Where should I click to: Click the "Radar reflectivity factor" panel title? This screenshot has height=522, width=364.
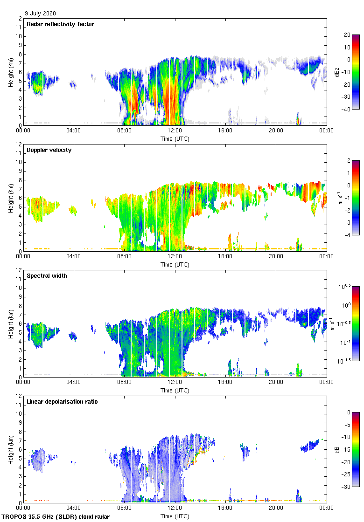[x=61, y=24]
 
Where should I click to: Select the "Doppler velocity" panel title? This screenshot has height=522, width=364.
[x=49, y=150]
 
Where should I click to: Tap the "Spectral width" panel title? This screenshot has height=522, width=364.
[x=46, y=276]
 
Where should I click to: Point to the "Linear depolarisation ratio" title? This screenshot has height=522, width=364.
[x=62, y=402]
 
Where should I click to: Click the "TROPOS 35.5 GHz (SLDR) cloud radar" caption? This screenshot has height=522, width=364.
[x=56, y=517]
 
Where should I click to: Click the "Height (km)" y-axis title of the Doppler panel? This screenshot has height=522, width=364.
[x=10, y=198]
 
